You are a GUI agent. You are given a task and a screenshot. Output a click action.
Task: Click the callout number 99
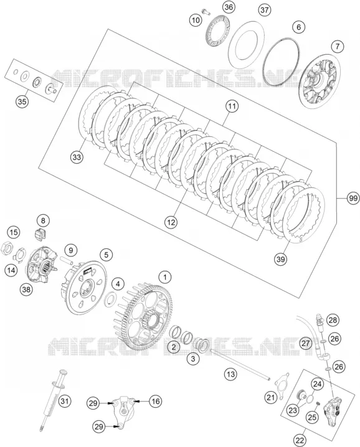point(353,198)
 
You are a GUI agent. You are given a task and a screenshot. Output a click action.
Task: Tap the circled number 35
point(22,101)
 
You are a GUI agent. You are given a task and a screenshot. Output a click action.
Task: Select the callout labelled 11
point(232,106)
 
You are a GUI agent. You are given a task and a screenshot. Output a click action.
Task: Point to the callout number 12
point(171,222)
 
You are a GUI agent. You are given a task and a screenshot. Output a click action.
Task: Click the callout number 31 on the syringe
point(65,402)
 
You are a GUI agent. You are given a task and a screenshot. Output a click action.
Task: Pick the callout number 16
point(155,402)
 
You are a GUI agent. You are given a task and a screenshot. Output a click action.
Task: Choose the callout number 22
point(300,441)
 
